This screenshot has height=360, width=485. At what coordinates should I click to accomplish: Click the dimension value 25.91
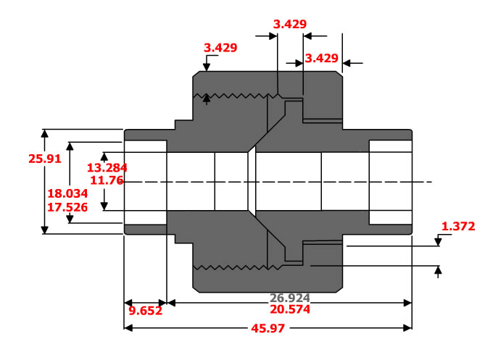(45, 159)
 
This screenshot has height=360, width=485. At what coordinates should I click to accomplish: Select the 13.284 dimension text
(107, 168)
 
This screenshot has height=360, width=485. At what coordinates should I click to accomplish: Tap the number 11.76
(107, 180)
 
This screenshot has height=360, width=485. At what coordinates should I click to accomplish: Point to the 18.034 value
(67, 193)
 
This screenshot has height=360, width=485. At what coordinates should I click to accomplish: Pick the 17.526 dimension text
(67, 207)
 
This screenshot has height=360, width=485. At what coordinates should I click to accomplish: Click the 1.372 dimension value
(458, 227)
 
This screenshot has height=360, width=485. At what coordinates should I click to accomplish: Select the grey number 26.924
(290, 298)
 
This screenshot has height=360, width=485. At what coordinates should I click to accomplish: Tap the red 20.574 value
(290, 309)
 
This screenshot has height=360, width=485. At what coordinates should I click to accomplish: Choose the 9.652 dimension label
(146, 311)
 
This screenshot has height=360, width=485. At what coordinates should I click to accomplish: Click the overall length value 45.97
(268, 328)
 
